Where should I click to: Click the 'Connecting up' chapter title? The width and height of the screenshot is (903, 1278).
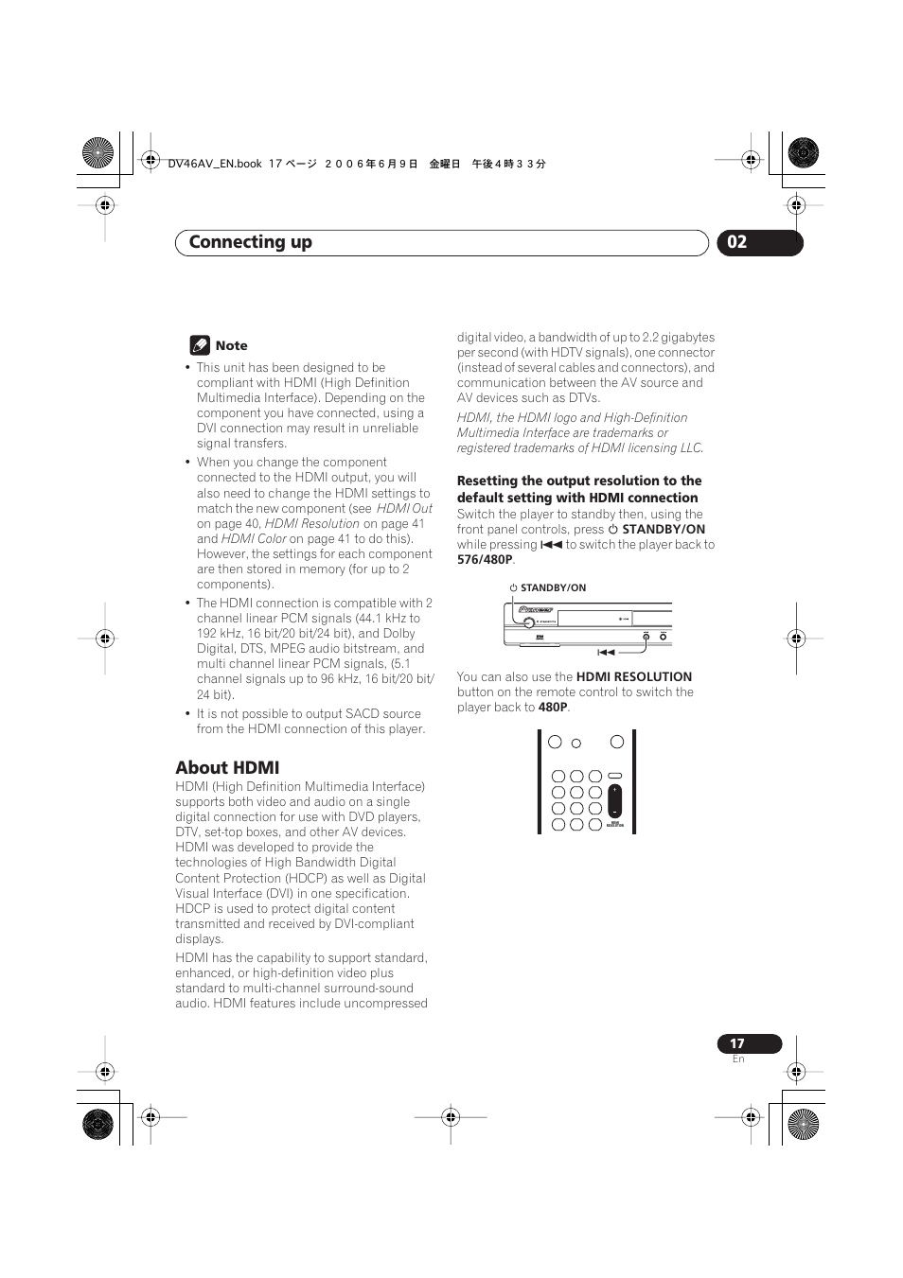point(251,242)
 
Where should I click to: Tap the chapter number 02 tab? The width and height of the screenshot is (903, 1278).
point(737,242)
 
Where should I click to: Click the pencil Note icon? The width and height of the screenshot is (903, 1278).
point(199,345)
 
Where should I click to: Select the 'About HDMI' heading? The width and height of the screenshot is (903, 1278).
point(227,767)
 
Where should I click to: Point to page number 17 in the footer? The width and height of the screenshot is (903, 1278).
point(737,1043)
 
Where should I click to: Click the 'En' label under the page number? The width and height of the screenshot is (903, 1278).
point(738,1059)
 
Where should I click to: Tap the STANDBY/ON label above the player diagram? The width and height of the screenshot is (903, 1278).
point(553,587)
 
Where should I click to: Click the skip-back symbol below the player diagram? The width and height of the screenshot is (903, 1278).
point(606,652)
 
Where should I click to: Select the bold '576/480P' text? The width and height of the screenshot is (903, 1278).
point(485,559)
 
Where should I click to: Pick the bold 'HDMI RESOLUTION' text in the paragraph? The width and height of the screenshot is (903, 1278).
point(634,676)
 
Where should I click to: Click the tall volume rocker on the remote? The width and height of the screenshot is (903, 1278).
point(615,800)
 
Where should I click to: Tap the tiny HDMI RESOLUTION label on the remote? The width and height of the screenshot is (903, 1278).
point(615,824)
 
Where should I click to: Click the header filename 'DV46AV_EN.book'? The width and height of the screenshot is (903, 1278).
point(215,164)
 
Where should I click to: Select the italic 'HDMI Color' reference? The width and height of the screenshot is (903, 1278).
point(254,538)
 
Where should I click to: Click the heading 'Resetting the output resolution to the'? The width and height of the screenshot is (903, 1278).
point(579,481)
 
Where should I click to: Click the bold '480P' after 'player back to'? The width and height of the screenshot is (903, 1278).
point(553,707)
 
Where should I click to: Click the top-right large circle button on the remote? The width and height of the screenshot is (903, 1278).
point(617,742)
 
